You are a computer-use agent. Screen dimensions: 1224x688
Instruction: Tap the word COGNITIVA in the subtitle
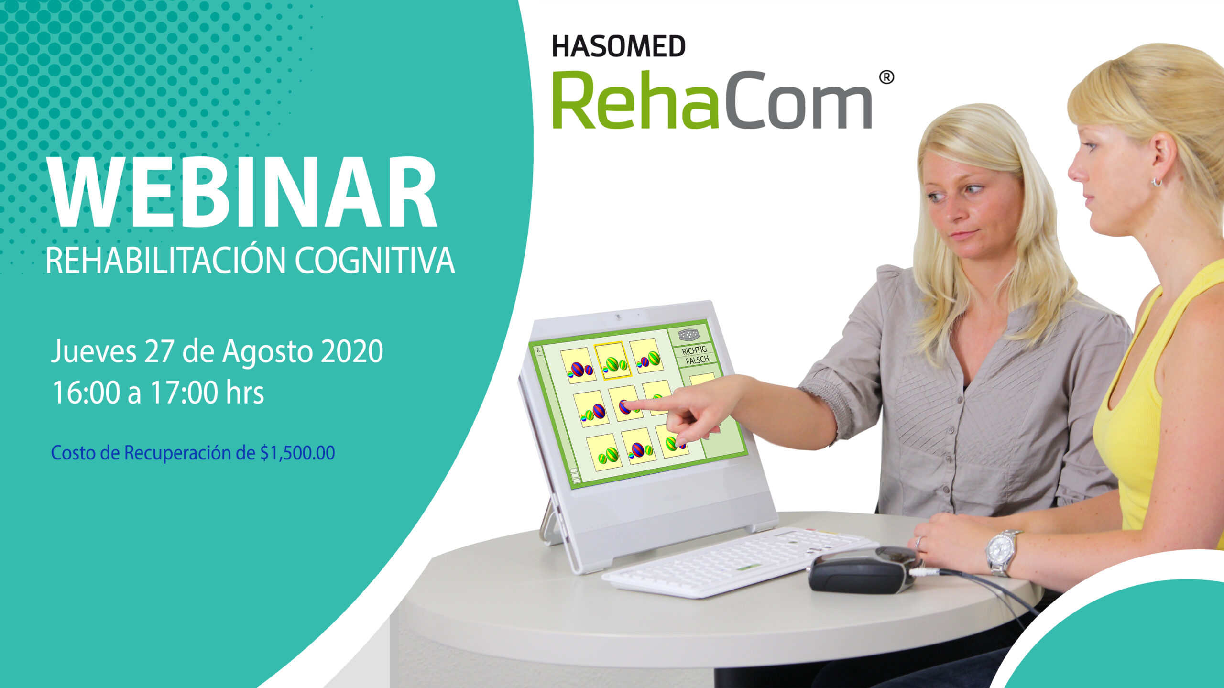374,261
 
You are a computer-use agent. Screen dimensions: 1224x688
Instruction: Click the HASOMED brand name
619,46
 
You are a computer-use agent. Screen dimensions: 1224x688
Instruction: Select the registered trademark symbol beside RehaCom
886,77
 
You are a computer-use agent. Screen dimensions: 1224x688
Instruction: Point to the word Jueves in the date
94,351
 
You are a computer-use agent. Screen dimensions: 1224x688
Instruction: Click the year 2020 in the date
352,351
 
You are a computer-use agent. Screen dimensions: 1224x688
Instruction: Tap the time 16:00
86,393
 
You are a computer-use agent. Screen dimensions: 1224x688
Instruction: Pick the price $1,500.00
297,453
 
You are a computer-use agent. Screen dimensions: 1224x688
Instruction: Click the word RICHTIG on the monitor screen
694,350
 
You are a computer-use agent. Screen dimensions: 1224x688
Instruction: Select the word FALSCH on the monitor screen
697,360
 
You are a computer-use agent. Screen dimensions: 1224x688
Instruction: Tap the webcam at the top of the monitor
618,317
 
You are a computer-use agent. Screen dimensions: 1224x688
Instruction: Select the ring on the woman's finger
919,543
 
